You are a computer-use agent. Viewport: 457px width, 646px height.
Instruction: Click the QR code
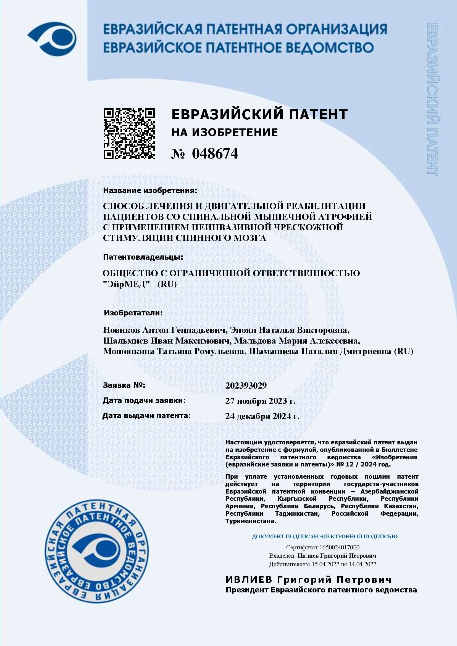point(129,134)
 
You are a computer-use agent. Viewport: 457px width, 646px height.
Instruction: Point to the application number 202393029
point(246,385)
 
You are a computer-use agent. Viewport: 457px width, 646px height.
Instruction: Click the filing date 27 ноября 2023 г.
point(260,401)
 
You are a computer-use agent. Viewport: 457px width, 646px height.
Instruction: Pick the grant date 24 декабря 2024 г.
point(262,416)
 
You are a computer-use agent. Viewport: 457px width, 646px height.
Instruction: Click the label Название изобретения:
point(150,191)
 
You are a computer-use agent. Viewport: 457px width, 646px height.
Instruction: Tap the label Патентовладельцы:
point(143,257)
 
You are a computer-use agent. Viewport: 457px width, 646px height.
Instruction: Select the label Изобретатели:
point(133,313)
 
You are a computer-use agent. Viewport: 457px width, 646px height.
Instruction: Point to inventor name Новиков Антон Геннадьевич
point(165,330)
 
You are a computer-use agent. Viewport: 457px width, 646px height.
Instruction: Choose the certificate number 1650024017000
point(339,547)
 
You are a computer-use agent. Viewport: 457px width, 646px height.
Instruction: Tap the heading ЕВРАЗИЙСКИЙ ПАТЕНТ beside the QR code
point(259,115)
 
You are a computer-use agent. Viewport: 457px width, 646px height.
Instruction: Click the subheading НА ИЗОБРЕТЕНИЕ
point(225,133)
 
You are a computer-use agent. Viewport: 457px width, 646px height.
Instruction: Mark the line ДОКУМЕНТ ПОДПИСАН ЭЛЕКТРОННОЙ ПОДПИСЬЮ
point(325,536)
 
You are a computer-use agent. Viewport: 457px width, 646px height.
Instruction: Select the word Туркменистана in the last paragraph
point(250,521)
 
